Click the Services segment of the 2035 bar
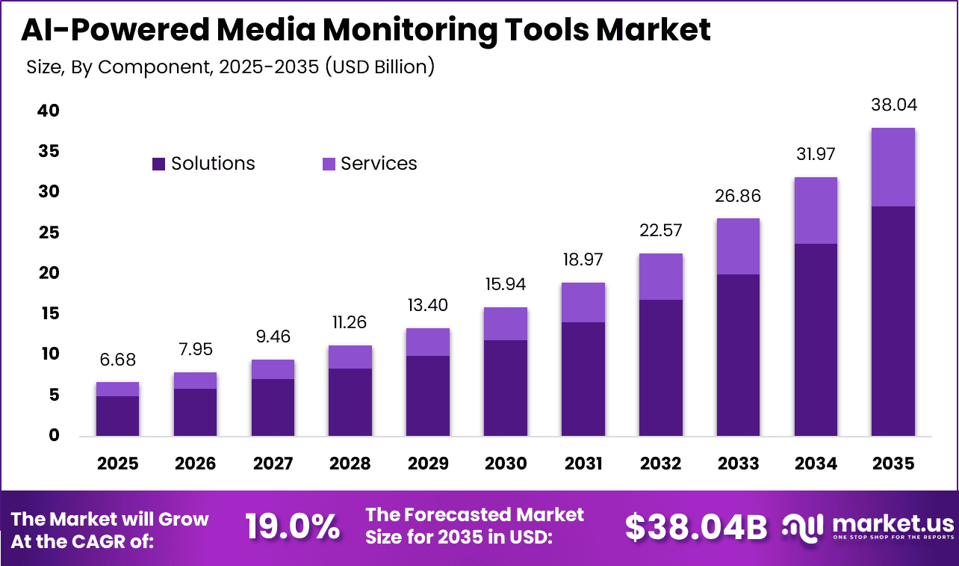click(x=893, y=167)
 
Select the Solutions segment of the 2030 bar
click(x=505, y=387)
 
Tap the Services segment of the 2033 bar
click(x=738, y=246)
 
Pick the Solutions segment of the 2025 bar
click(x=117, y=416)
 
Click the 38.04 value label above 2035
click(x=893, y=105)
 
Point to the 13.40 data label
click(x=428, y=305)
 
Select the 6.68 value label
click(x=117, y=360)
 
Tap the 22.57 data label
click(x=660, y=230)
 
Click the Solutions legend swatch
click(x=158, y=164)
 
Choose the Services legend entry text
click(x=379, y=164)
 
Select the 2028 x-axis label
click(x=350, y=464)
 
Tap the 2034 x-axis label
click(x=816, y=464)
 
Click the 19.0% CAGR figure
click(x=293, y=527)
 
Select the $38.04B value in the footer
click(x=695, y=527)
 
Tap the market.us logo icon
click(x=802, y=526)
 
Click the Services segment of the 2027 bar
click(x=273, y=369)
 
